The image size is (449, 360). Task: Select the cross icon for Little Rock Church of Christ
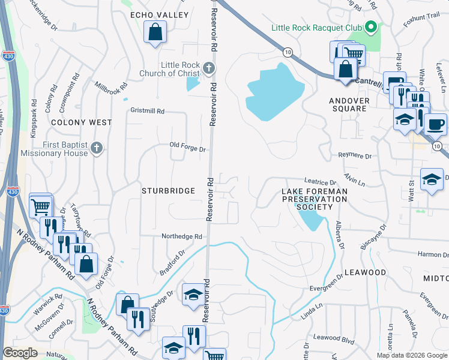point(208,68)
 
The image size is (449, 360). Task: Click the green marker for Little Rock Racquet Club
point(371,27)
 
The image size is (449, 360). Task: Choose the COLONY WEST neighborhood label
point(82,122)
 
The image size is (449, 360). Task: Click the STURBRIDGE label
point(168,191)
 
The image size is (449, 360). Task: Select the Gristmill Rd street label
point(147,112)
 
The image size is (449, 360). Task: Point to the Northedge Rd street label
point(182,236)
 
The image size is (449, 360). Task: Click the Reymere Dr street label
point(355,155)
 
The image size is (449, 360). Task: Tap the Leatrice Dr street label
point(321,182)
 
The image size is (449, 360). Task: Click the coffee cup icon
point(435,124)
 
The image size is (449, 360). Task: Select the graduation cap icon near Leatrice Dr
point(431,179)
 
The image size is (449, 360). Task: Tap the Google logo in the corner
point(20,353)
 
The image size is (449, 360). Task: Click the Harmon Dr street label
point(433,255)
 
